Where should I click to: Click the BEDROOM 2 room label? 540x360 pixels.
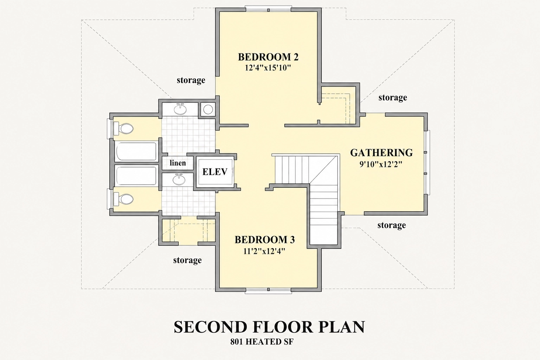(268, 57)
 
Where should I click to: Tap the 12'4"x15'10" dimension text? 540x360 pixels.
(267, 68)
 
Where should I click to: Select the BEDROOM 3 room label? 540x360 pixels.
(265, 240)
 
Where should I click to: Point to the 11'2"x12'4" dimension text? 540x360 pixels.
(264, 251)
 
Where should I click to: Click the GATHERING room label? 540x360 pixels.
(381, 153)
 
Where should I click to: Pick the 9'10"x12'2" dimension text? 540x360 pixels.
(381, 164)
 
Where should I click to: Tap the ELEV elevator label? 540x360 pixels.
(215, 172)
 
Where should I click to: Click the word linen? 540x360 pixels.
(178, 163)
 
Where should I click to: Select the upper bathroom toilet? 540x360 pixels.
(123, 129)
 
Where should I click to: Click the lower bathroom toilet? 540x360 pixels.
(123, 199)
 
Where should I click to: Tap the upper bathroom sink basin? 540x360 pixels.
(180, 109)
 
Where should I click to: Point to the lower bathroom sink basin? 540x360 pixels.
(179, 180)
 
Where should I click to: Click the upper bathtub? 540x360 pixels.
(136, 151)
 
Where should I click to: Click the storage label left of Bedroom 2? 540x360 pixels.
(191, 80)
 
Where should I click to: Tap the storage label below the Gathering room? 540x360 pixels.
(392, 225)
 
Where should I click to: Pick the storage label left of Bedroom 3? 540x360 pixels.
(187, 260)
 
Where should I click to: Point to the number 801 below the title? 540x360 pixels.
(236, 342)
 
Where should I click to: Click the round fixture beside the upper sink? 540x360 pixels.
(208, 109)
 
